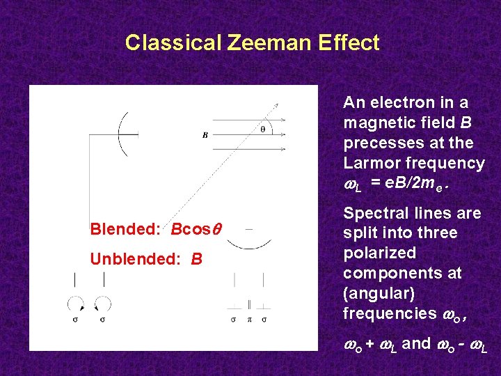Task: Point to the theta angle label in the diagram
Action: coord(262,129)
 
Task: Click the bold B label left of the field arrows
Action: coord(205,136)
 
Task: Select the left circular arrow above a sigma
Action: coord(75,304)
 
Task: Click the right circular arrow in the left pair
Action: coord(104,304)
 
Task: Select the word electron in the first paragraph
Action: coord(406,102)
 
